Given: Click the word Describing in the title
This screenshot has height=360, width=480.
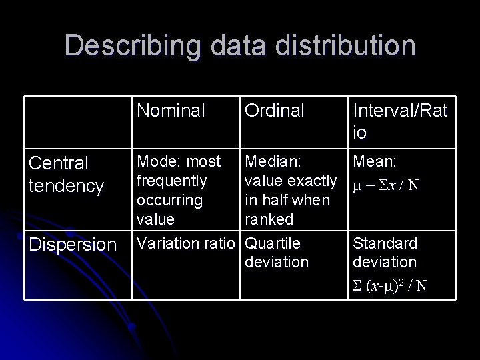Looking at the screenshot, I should click(125, 45).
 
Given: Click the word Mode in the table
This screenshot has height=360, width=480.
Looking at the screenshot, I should click(153, 161).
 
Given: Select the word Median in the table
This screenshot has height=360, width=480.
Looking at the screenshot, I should click(272, 161).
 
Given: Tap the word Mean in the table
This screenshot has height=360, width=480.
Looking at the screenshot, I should click(375, 161).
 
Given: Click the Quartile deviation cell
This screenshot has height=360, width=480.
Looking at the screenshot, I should click(276, 253).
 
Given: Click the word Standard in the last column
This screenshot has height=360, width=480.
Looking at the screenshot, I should click(385, 243).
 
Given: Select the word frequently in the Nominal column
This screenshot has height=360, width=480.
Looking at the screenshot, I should click(172, 181).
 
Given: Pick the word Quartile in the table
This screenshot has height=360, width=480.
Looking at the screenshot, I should click(273, 243).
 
